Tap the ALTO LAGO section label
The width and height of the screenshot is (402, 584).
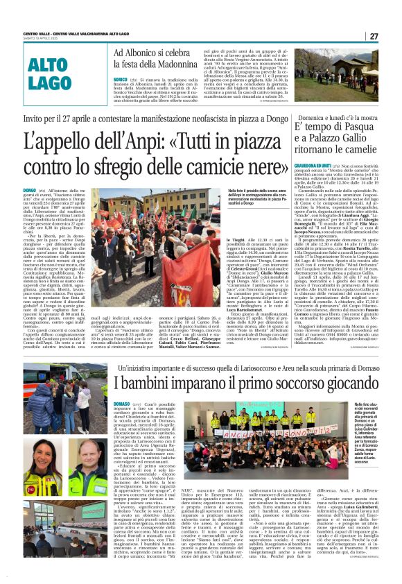click(x=50, y=74)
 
